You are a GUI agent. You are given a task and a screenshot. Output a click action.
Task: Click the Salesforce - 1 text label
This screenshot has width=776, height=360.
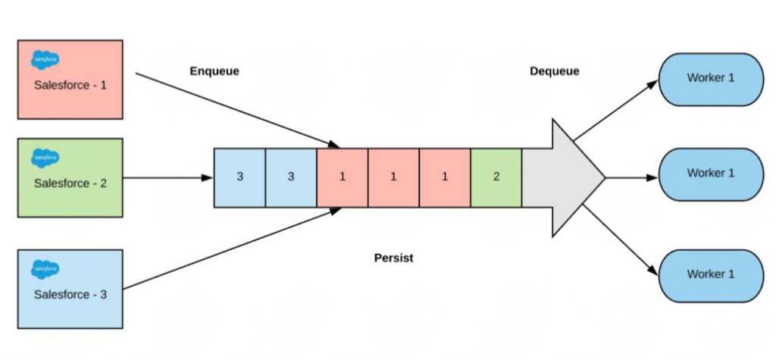point(70,85)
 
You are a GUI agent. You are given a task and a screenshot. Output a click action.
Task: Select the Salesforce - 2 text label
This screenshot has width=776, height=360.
point(70,183)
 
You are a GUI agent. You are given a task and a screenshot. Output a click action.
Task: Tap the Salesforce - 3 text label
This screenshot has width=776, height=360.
point(70,295)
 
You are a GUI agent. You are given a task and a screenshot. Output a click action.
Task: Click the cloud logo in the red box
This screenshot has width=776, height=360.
point(45,60)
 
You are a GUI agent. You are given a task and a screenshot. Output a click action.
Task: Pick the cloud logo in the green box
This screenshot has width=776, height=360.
point(45,158)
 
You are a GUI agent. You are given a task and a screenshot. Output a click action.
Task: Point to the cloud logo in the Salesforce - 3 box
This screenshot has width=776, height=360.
point(45,269)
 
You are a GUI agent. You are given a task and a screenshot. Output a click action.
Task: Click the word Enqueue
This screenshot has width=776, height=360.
point(214,71)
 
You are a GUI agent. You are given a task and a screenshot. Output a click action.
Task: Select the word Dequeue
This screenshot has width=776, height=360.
point(554,71)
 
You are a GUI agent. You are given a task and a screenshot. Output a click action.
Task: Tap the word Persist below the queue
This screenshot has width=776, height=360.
point(393,258)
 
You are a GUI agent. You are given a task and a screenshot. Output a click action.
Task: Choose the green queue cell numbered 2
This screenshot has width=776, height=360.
point(496,177)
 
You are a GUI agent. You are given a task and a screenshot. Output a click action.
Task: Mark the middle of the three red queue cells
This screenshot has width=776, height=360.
point(393,177)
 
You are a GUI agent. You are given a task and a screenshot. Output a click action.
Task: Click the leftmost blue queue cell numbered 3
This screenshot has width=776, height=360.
point(239,177)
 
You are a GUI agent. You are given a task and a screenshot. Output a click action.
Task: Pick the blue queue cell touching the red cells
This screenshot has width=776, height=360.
point(291,177)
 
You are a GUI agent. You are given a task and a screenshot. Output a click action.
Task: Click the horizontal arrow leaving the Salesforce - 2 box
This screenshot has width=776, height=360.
point(167,178)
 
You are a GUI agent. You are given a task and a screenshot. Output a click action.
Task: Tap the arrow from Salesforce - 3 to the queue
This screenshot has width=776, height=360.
point(232,248)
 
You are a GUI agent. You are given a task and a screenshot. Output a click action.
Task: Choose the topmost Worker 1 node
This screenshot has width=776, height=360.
point(711,80)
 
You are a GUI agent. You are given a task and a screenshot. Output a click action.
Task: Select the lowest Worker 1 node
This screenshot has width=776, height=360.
point(711,276)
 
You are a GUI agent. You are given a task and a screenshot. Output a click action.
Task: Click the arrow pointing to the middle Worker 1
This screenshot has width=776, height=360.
point(632,178)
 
